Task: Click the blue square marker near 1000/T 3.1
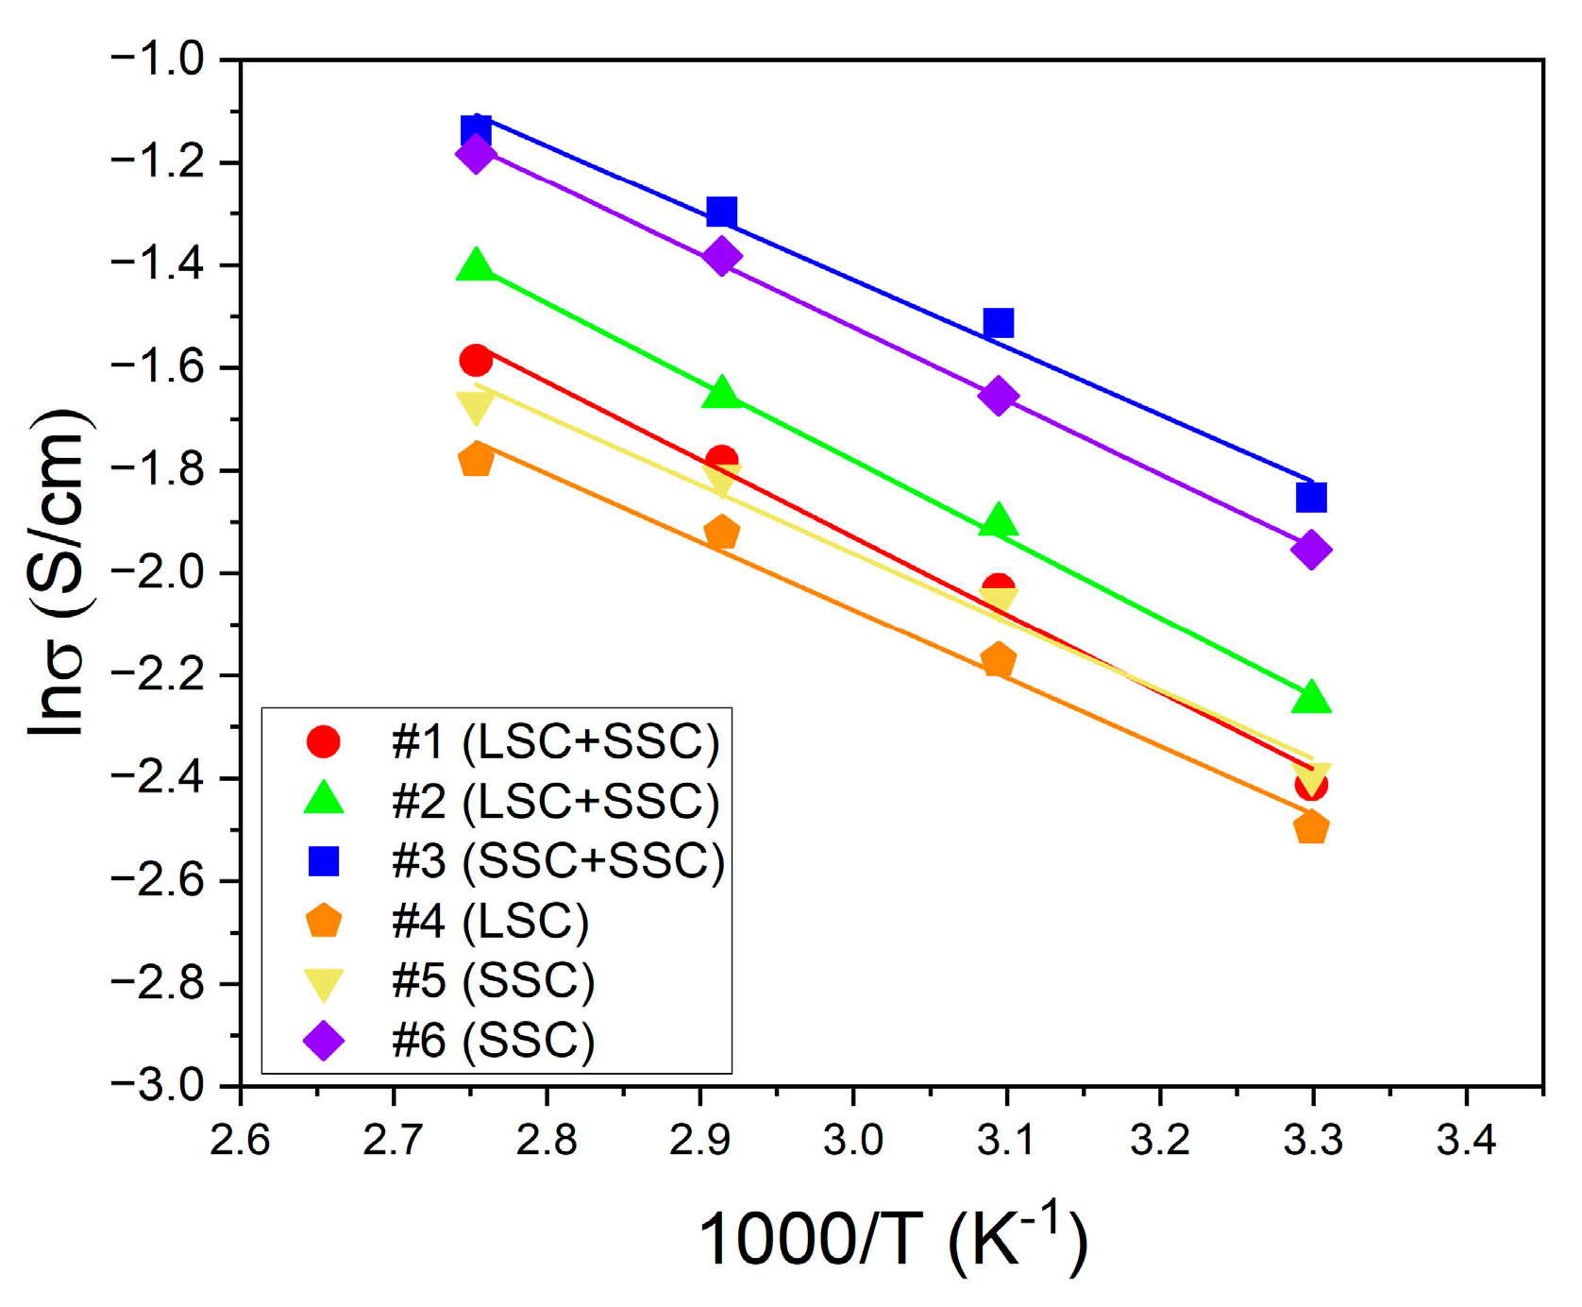point(998,323)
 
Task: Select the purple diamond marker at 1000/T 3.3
point(1310,550)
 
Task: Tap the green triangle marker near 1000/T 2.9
point(722,392)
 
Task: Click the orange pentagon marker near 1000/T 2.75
point(476,460)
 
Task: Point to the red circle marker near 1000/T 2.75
point(476,360)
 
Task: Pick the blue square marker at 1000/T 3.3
point(1311,497)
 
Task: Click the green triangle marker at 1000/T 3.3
point(1310,699)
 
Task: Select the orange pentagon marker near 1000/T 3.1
point(998,659)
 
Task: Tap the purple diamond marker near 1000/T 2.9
point(722,256)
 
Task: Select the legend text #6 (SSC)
point(493,1041)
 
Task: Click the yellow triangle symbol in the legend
point(323,983)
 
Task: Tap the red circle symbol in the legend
point(323,741)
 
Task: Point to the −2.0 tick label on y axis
point(157,573)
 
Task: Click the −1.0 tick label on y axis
point(157,60)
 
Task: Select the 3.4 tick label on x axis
point(1466,1141)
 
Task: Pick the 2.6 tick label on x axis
point(240,1141)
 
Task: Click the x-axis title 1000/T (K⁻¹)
point(893,1239)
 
